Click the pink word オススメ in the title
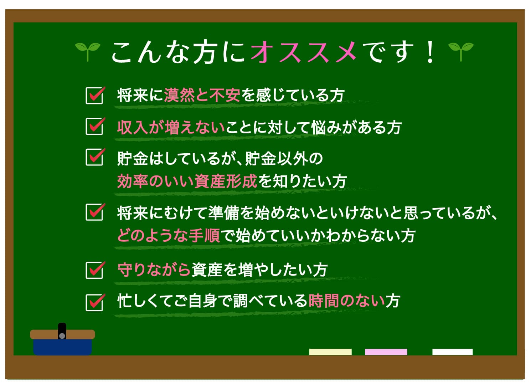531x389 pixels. tap(303, 52)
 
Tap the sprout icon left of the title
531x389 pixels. tap(88, 52)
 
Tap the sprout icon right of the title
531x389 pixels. tap(461, 52)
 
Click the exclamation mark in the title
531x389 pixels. tap(430, 52)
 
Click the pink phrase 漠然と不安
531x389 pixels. tap(202, 95)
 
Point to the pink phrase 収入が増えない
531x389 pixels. tap(171, 127)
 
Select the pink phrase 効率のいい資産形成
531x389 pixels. tap(187, 181)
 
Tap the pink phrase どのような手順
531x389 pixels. tap(169, 236)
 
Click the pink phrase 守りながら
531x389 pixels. tap(154, 270)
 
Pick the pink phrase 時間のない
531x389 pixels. tap(347, 301)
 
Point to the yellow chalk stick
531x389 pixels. tap(330, 352)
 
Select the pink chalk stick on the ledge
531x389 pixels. tap(386, 352)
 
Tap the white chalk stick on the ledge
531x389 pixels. tap(453, 352)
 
